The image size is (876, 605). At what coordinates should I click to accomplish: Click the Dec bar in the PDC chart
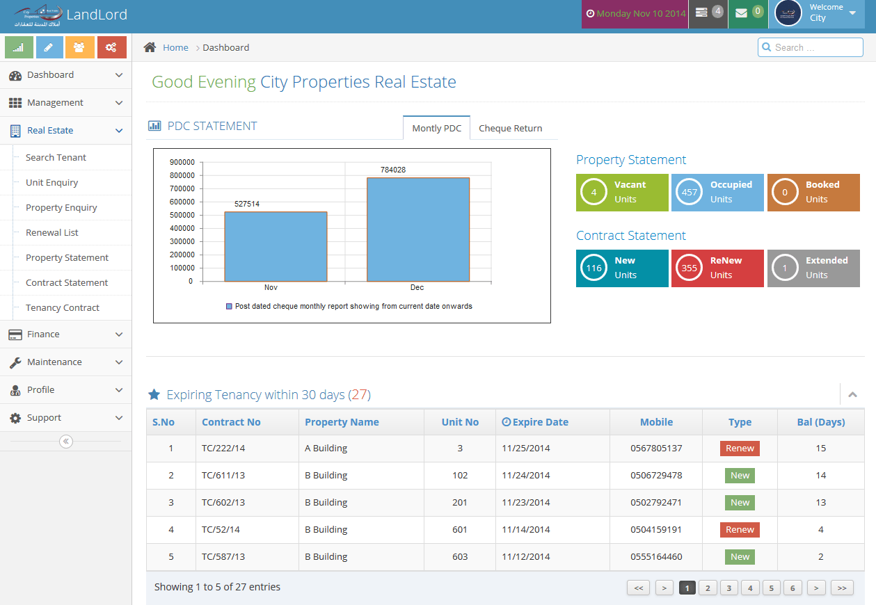point(417,229)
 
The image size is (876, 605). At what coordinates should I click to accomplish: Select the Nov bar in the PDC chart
point(276,246)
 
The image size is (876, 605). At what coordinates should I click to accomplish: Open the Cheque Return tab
point(510,128)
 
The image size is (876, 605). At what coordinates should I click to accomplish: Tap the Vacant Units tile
point(622,192)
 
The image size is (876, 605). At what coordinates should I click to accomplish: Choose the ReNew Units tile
point(717,268)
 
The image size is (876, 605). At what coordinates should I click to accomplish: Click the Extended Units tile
point(813,268)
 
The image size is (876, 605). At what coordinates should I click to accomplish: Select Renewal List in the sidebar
point(52,232)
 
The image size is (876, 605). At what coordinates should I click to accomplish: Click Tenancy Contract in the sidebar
point(63,307)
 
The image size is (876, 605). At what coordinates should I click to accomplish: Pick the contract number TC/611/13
point(223,476)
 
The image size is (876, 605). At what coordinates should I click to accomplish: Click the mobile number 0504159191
point(656,530)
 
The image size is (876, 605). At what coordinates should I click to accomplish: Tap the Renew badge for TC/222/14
point(740,449)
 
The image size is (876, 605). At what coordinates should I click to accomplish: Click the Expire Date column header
point(535,422)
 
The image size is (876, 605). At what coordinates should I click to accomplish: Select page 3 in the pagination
point(728,588)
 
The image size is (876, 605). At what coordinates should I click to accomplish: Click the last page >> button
point(841,588)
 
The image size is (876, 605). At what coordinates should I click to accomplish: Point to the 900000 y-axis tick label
point(181,162)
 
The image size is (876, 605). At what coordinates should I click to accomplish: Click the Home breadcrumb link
point(175,47)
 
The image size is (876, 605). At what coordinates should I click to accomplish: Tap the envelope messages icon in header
point(742,13)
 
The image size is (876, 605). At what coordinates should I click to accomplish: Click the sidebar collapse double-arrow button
point(66,441)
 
